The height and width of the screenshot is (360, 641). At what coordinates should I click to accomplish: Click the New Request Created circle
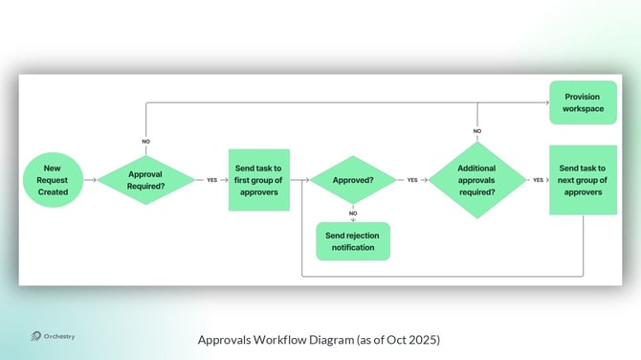pyautogui.click(x=54, y=179)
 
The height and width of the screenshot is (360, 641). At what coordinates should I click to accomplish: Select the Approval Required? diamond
pyautogui.click(x=146, y=180)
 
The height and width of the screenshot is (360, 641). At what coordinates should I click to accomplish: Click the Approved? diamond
pyautogui.click(x=353, y=180)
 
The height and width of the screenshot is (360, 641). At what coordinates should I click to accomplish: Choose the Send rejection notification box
pyautogui.click(x=353, y=241)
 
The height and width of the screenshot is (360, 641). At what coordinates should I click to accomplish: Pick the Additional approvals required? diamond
pyautogui.click(x=477, y=179)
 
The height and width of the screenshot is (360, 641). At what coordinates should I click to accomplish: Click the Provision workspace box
pyautogui.click(x=583, y=102)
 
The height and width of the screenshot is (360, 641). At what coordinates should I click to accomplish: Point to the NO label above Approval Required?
pyautogui.click(x=146, y=141)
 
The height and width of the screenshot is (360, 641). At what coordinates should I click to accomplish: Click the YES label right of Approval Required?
pyautogui.click(x=212, y=180)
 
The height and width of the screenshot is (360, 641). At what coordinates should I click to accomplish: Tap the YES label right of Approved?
pyautogui.click(x=412, y=180)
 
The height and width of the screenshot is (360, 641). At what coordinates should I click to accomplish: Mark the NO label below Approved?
pyautogui.click(x=353, y=213)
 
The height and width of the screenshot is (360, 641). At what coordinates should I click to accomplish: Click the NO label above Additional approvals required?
pyautogui.click(x=477, y=131)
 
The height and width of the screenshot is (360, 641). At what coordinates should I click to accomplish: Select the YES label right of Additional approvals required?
pyautogui.click(x=538, y=180)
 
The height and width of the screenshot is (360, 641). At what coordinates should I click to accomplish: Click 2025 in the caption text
pyautogui.click(x=426, y=339)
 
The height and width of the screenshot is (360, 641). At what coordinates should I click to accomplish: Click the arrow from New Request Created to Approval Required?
pyautogui.click(x=89, y=179)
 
